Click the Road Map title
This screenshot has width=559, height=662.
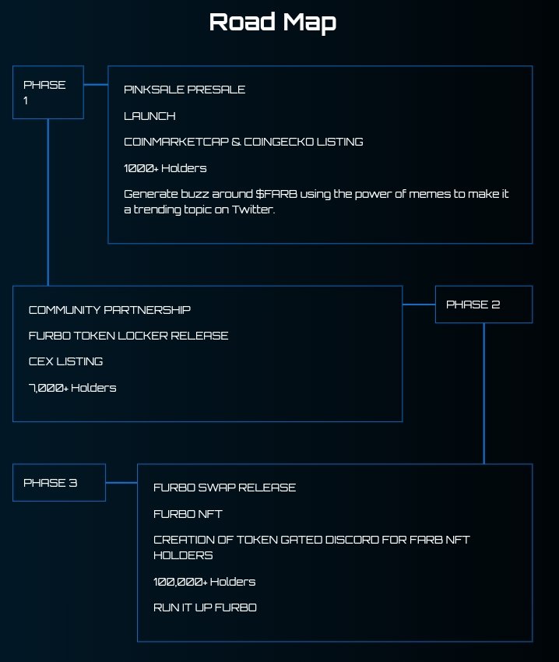pos(272,22)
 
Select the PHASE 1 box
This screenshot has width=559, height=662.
pos(47,92)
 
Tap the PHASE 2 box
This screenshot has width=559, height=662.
pos(483,304)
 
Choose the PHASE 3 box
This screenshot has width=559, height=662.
pos(58,482)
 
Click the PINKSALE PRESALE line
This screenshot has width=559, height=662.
pos(185,90)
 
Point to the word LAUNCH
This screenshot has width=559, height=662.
pos(149,116)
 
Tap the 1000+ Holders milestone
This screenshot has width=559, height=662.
pos(165,167)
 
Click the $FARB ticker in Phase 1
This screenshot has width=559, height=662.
pos(276,193)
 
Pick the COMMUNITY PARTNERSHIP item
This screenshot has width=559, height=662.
pos(110,309)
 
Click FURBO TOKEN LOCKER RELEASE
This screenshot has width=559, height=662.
pos(128,335)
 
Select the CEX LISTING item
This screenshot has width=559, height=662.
pos(66,361)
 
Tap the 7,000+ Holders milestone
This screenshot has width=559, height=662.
pos(72,387)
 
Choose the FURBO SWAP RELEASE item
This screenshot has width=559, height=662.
pos(225,488)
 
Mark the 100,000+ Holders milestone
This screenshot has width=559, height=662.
pos(205,582)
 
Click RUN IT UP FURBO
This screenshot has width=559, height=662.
pos(205,607)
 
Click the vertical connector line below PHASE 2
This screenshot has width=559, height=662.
pos(484,393)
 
